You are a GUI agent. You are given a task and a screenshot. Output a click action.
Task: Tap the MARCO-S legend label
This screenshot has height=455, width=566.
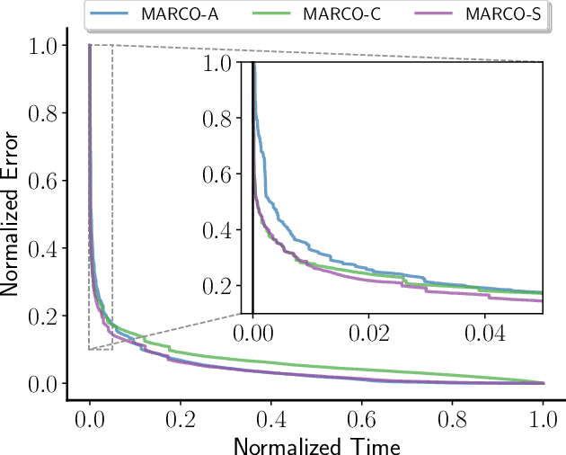point(470,15)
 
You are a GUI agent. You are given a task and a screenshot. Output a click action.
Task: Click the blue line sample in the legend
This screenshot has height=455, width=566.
point(111,15)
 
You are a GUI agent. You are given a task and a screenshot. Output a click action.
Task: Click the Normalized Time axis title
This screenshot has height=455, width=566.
point(316,444)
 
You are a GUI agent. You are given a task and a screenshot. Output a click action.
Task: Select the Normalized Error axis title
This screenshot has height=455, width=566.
point(12,213)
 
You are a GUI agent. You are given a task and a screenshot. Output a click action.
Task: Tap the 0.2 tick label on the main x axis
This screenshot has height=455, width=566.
point(180,418)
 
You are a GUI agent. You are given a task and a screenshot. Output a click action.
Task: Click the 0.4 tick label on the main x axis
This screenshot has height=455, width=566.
point(270,418)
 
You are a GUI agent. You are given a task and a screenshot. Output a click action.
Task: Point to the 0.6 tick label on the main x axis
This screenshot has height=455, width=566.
point(362,418)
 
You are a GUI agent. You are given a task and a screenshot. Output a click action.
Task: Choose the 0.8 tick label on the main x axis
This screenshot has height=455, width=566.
point(453,418)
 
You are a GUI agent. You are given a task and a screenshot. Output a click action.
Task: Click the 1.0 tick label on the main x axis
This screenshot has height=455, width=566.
point(544,418)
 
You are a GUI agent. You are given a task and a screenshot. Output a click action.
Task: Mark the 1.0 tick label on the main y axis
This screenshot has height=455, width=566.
point(45,45)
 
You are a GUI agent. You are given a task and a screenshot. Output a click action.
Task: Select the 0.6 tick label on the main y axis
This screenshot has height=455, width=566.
point(45,181)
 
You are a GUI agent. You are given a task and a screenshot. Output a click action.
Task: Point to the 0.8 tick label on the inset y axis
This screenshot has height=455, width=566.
point(220,119)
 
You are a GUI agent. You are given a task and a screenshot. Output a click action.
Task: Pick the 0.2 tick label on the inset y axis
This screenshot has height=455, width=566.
point(220,285)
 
